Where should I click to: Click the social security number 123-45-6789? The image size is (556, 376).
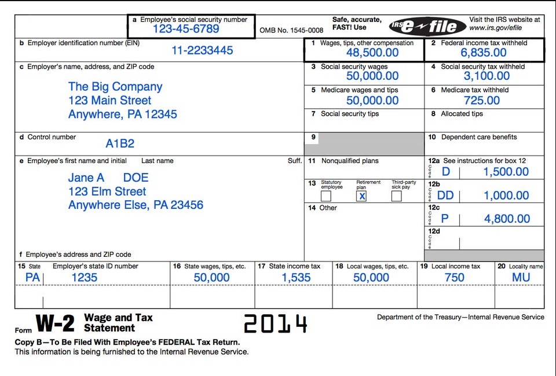[x=186, y=29]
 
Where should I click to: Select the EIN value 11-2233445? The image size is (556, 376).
[x=202, y=50]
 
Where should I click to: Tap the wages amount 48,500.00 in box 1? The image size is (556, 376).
[x=372, y=53]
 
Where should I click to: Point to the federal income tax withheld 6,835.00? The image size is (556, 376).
[x=484, y=53]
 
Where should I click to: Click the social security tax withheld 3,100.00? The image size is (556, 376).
[x=487, y=76]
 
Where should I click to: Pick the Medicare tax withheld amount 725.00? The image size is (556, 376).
[x=482, y=100]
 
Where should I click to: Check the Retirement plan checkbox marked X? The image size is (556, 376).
[x=361, y=196]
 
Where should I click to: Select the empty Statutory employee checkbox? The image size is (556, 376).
[x=326, y=196]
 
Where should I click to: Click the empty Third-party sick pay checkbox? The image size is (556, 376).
[x=396, y=196]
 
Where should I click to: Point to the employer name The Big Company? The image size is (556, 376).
[x=115, y=87]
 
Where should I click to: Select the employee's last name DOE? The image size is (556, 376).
[x=136, y=178]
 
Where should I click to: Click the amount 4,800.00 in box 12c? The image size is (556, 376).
[x=507, y=219]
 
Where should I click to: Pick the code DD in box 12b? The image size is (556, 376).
[x=445, y=196]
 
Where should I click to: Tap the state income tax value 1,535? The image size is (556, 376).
[x=296, y=278]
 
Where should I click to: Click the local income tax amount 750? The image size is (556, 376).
[x=454, y=278]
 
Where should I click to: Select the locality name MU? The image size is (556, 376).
[x=521, y=278]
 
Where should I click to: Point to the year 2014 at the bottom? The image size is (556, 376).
[x=275, y=324]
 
